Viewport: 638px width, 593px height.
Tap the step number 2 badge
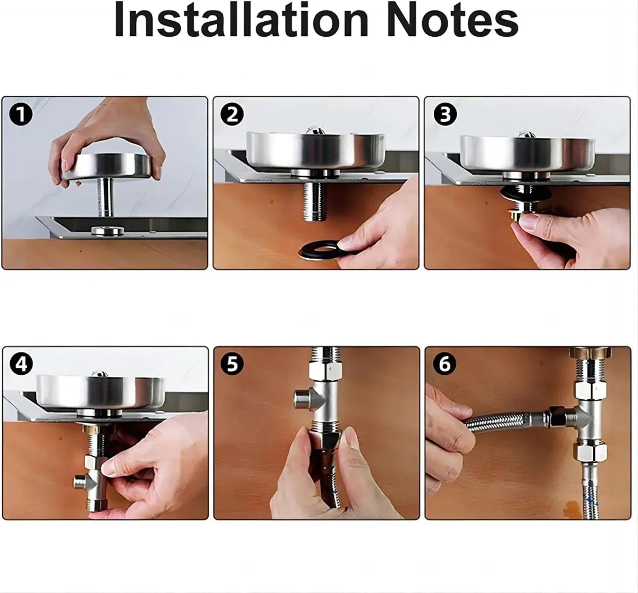232,114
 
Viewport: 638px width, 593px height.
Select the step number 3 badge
444,114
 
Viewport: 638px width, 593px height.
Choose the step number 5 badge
232,364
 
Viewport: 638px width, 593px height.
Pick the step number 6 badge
444,364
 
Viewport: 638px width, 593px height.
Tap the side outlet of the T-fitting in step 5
302,397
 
